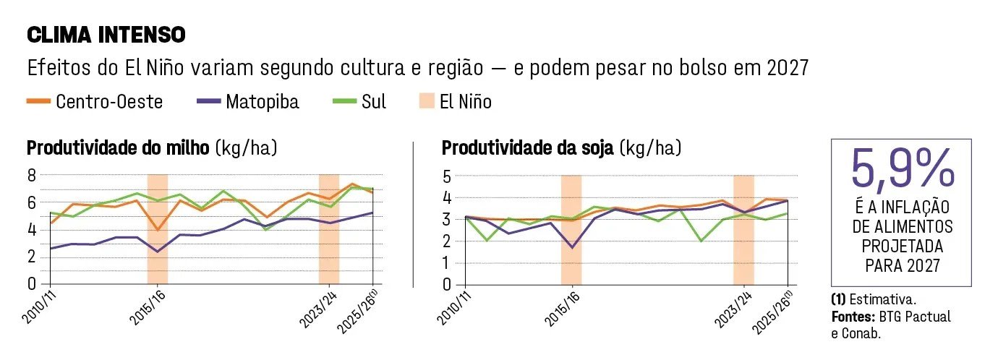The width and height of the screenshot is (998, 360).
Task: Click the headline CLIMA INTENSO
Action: point(106,35)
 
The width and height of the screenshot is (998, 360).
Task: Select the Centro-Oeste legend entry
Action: point(95,102)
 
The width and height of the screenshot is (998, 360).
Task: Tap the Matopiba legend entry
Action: point(248,102)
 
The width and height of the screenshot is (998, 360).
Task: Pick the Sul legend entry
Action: point(359,102)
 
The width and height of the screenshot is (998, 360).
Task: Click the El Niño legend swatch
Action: point(427,101)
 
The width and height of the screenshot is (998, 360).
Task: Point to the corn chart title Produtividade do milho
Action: point(118,148)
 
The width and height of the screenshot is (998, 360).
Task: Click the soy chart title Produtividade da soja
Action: point(527,148)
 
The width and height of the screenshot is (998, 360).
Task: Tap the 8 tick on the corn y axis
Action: point(32,176)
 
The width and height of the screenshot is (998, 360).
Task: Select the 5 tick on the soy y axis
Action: point(447,176)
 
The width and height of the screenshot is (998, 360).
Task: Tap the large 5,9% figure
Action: point(903,168)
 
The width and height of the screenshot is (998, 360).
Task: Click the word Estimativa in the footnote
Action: point(883,299)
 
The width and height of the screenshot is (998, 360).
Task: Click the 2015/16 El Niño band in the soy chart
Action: point(571,230)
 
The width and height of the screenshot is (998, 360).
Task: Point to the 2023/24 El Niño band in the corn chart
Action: point(329,229)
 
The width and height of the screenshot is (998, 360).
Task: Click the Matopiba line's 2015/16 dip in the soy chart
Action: point(572,247)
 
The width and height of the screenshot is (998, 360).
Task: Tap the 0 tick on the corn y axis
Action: point(32,283)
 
